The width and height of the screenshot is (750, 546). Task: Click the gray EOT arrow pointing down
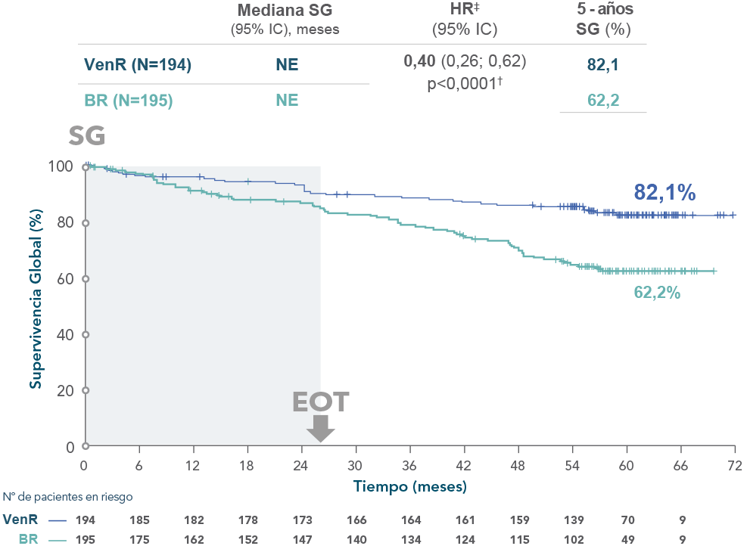point(321,428)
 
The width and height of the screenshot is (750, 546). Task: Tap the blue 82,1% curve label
point(664,194)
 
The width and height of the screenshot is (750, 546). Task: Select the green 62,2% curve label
point(657,293)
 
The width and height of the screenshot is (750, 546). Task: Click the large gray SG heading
point(87,136)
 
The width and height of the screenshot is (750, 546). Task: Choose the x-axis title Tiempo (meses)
point(409,486)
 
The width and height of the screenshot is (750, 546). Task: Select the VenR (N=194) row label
point(136,66)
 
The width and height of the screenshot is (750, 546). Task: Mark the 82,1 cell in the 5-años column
point(603,66)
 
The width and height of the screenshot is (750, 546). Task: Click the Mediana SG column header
point(285,11)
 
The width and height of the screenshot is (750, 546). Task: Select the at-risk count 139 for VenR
point(573,520)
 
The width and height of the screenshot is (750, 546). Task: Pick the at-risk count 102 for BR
point(573,540)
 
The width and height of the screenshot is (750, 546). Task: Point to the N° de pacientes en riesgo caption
point(68,497)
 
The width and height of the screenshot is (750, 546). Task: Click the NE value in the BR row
point(287,101)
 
